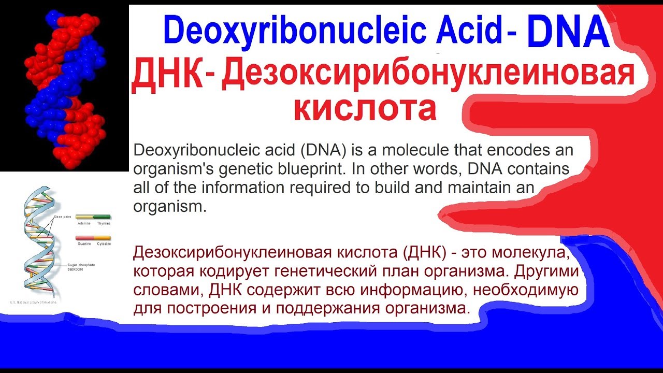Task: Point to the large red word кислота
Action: (x=365, y=108)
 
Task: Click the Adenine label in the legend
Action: (x=84, y=223)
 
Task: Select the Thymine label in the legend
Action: (x=103, y=223)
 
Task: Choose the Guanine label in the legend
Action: (x=84, y=243)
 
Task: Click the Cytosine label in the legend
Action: (x=103, y=243)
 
